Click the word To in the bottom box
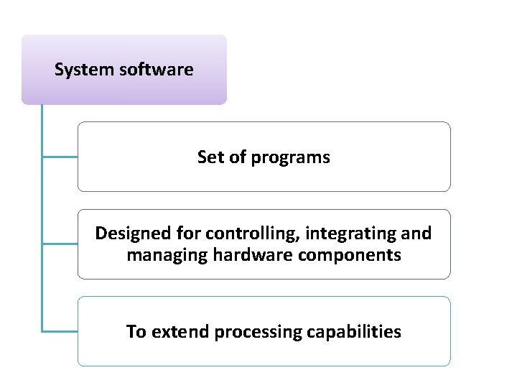coord(136,331)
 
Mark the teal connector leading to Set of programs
coord(60,156)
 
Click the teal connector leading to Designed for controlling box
coord(60,244)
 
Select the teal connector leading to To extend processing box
coord(60,331)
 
